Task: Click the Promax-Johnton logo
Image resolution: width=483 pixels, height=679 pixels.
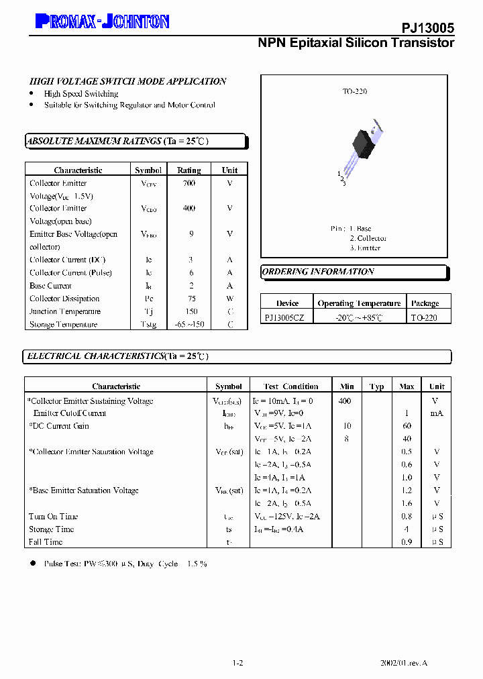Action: [x=102, y=22]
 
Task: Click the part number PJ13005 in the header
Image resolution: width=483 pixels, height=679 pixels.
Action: [x=428, y=28]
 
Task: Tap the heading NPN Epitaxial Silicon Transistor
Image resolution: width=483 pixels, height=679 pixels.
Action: [x=356, y=43]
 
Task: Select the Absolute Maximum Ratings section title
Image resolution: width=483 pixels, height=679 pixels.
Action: [x=117, y=142]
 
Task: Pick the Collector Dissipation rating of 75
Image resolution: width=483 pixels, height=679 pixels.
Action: [x=191, y=299]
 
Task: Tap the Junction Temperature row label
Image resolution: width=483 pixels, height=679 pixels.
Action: [x=65, y=311]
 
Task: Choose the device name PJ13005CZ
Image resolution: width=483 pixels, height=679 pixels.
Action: [x=284, y=317]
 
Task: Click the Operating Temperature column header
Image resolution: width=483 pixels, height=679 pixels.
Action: [x=359, y=303]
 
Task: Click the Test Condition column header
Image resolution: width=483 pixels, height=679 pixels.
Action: [x=291, y=386]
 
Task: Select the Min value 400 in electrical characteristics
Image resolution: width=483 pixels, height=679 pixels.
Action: [x=345, y=401]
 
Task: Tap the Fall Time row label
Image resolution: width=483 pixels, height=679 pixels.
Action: [x=46, y=542]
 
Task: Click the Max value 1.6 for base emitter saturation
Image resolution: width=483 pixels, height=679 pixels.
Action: [x=407, y=503]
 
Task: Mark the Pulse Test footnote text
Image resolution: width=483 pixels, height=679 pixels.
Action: [x=125, y=564]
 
